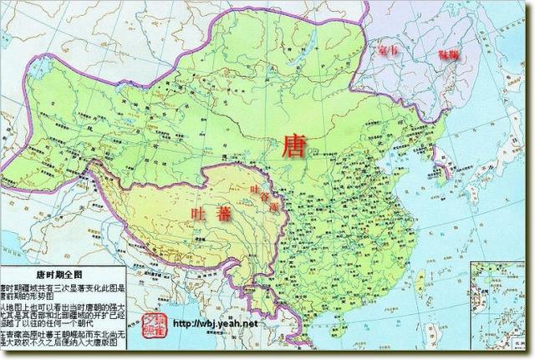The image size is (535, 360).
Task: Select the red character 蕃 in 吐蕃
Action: point(224,214)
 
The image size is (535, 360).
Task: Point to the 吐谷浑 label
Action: point(262,198)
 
